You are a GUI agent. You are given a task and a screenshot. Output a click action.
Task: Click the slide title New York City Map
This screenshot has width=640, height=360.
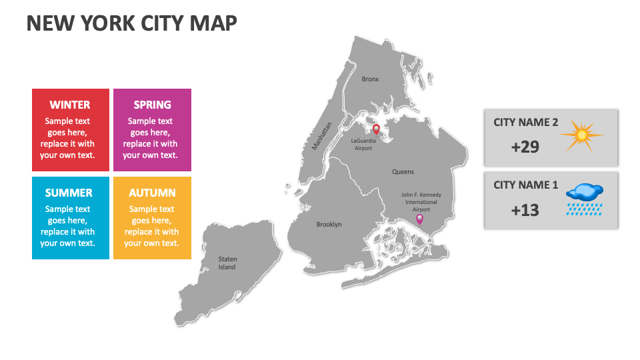[131, 23]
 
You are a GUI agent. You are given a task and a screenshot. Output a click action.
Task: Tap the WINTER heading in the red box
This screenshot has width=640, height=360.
[70, 105]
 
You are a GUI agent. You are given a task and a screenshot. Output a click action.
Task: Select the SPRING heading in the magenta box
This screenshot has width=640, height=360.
[152, 105]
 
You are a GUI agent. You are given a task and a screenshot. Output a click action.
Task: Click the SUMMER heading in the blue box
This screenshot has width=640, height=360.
[69, 193]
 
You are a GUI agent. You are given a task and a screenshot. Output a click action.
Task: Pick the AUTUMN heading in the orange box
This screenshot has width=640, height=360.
[152, 193]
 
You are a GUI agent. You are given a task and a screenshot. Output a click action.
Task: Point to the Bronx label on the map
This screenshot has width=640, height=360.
[370, 79]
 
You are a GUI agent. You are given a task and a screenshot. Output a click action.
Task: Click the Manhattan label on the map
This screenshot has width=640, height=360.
[321, 136]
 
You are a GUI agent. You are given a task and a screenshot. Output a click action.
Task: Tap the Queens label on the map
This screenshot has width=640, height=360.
[403, 172]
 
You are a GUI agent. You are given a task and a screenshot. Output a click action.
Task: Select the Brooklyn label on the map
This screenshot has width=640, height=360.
[329, 225]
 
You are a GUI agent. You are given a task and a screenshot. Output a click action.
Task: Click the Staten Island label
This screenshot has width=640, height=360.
[227, 263]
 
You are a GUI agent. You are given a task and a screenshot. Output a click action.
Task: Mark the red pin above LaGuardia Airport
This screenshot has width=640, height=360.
[376, 129]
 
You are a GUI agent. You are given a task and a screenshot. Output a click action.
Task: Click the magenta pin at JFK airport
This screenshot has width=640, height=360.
[419, 219]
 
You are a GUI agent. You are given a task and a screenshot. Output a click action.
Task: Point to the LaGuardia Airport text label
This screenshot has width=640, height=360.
[363, 145]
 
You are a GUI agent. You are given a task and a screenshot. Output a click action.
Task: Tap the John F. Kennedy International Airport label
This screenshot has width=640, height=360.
[421, 202]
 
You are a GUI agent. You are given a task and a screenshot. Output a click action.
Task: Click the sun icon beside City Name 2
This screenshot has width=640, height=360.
[581, 135]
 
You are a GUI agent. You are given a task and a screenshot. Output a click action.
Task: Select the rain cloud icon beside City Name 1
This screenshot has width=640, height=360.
[584, 198]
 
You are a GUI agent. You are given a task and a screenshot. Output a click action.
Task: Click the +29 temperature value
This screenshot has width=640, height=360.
[525, 147]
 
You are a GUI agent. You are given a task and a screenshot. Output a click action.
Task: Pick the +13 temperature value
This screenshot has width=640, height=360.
[525, 210]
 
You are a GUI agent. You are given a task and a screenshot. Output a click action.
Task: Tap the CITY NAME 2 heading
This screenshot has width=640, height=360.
[525, 123]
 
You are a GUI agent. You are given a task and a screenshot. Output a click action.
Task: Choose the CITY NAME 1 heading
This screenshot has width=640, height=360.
[525, 185]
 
